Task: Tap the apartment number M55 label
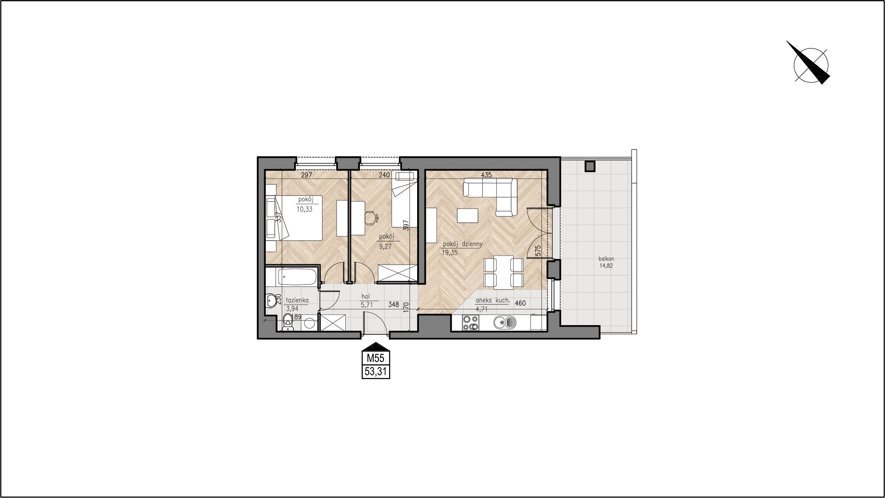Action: (376, 358)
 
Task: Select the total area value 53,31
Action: (376, 372)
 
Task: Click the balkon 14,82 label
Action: (607, 262)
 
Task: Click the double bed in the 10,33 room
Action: (294, 217)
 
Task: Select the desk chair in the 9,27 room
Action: (371, 217)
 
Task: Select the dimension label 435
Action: (486, 175)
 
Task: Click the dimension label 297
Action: (307, 175)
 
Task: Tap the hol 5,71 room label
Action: (366, 301)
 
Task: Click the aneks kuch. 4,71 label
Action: (493, 304)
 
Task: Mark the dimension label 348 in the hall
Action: (393, 304)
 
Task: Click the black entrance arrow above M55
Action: (376, 346)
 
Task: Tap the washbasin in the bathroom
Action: (271, 301)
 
